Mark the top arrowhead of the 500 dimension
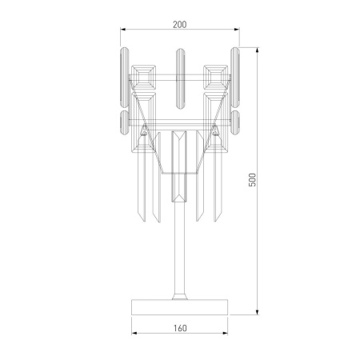point(258,48)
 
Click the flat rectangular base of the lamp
point(179,306)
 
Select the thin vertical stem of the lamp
point(180,256)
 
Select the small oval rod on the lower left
point(124,124)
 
